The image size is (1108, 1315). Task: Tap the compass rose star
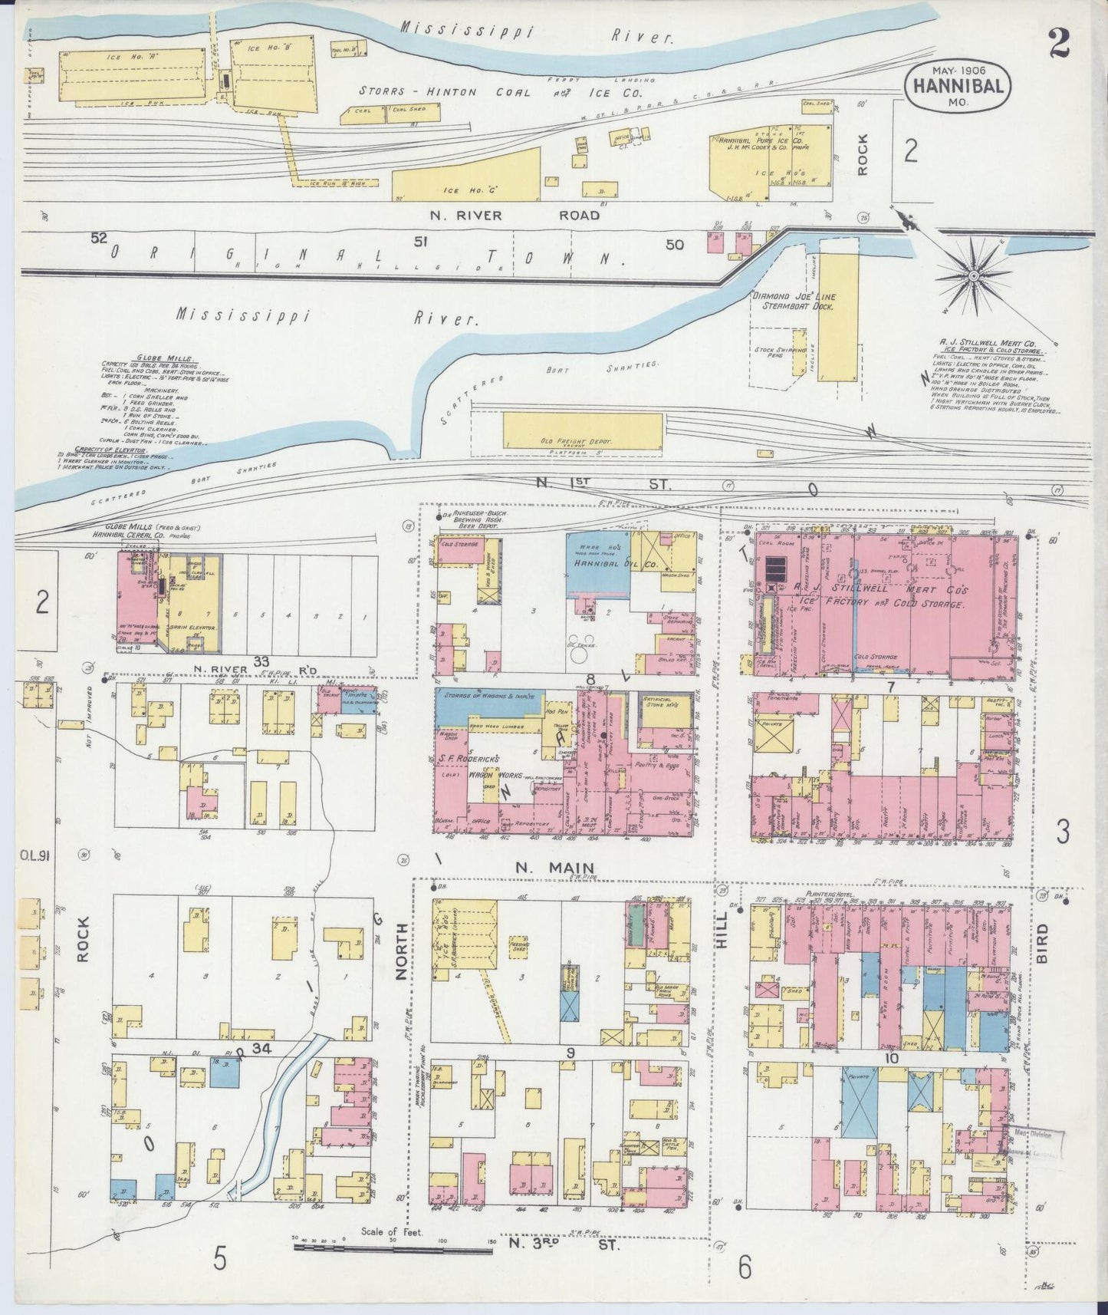tap(973, 274)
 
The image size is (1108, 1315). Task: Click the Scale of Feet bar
tap(393, 1251)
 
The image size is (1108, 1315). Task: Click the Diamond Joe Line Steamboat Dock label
tap(793, 301)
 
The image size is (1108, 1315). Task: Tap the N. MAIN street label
tap(551, 868)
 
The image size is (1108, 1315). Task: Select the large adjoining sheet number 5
tap(220, 1258)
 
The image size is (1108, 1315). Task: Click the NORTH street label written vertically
tap(399, 951)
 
